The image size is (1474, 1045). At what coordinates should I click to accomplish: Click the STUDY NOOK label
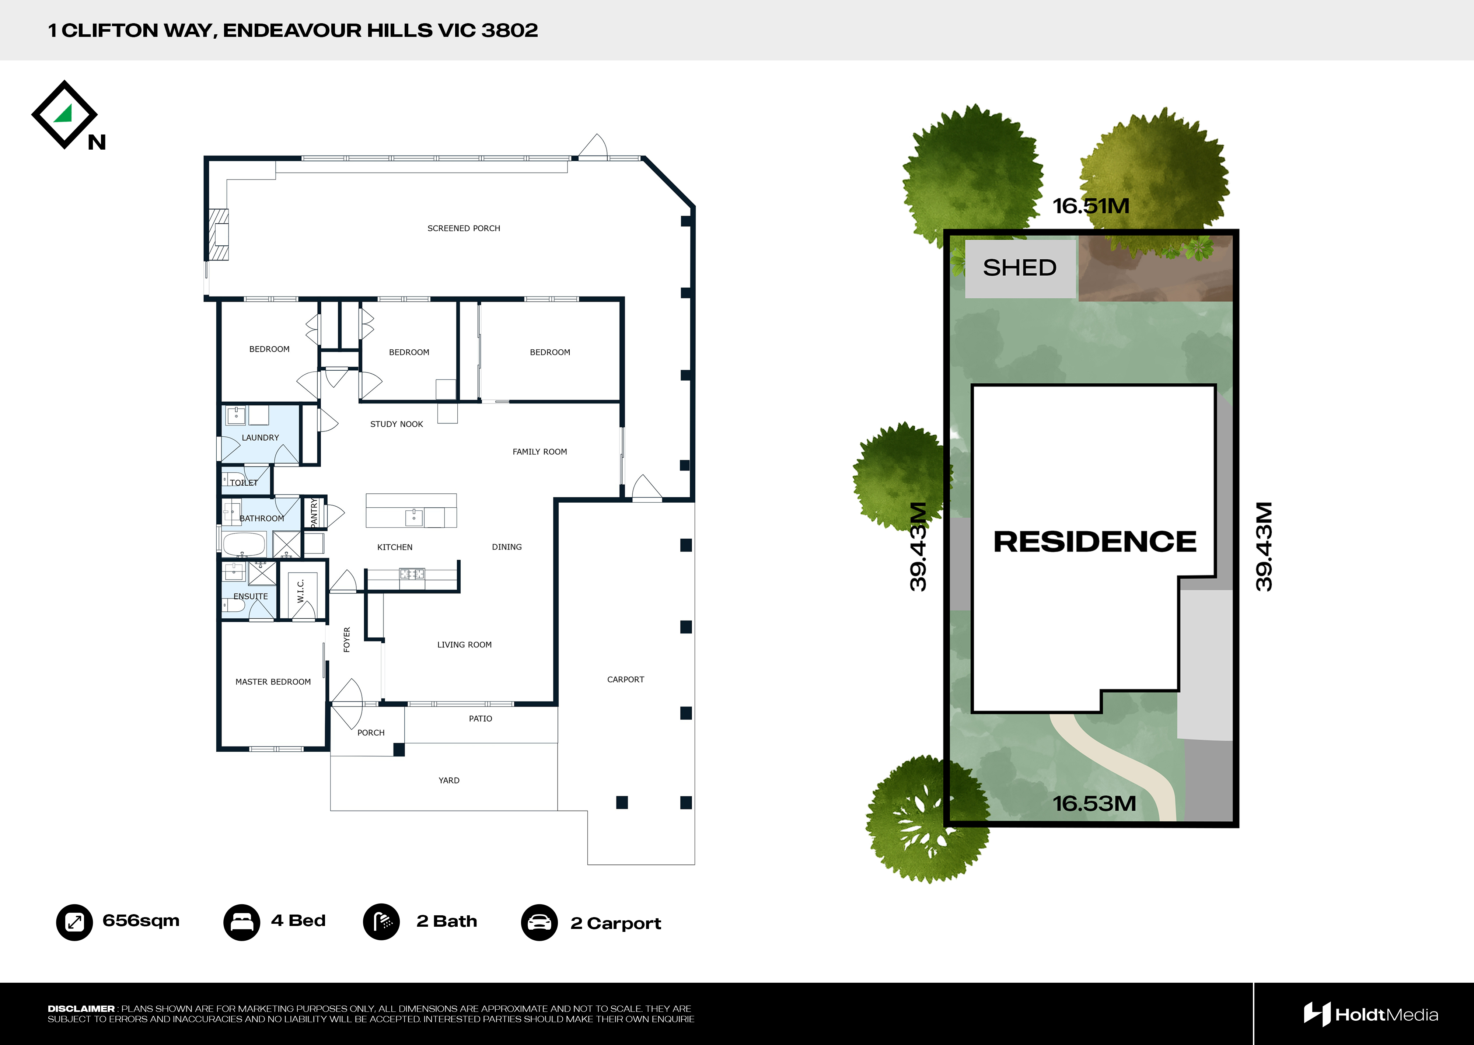click(397, 424)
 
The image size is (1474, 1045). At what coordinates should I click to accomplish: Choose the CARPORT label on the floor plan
click(625, 679)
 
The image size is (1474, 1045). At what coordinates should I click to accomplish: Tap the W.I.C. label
click(300, 591)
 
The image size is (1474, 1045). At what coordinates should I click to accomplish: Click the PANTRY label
click(314, 514)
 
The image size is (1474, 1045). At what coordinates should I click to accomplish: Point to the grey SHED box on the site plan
click(1020, 268)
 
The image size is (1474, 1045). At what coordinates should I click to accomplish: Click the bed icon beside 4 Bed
click(241, 922)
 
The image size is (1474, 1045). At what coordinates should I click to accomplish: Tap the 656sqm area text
click(141, 921)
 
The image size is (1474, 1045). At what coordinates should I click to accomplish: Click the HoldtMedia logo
click(1370, 1015)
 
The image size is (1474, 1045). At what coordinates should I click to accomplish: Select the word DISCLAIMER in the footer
click(81, 1009)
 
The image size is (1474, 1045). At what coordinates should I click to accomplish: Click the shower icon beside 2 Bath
click(381, 922)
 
